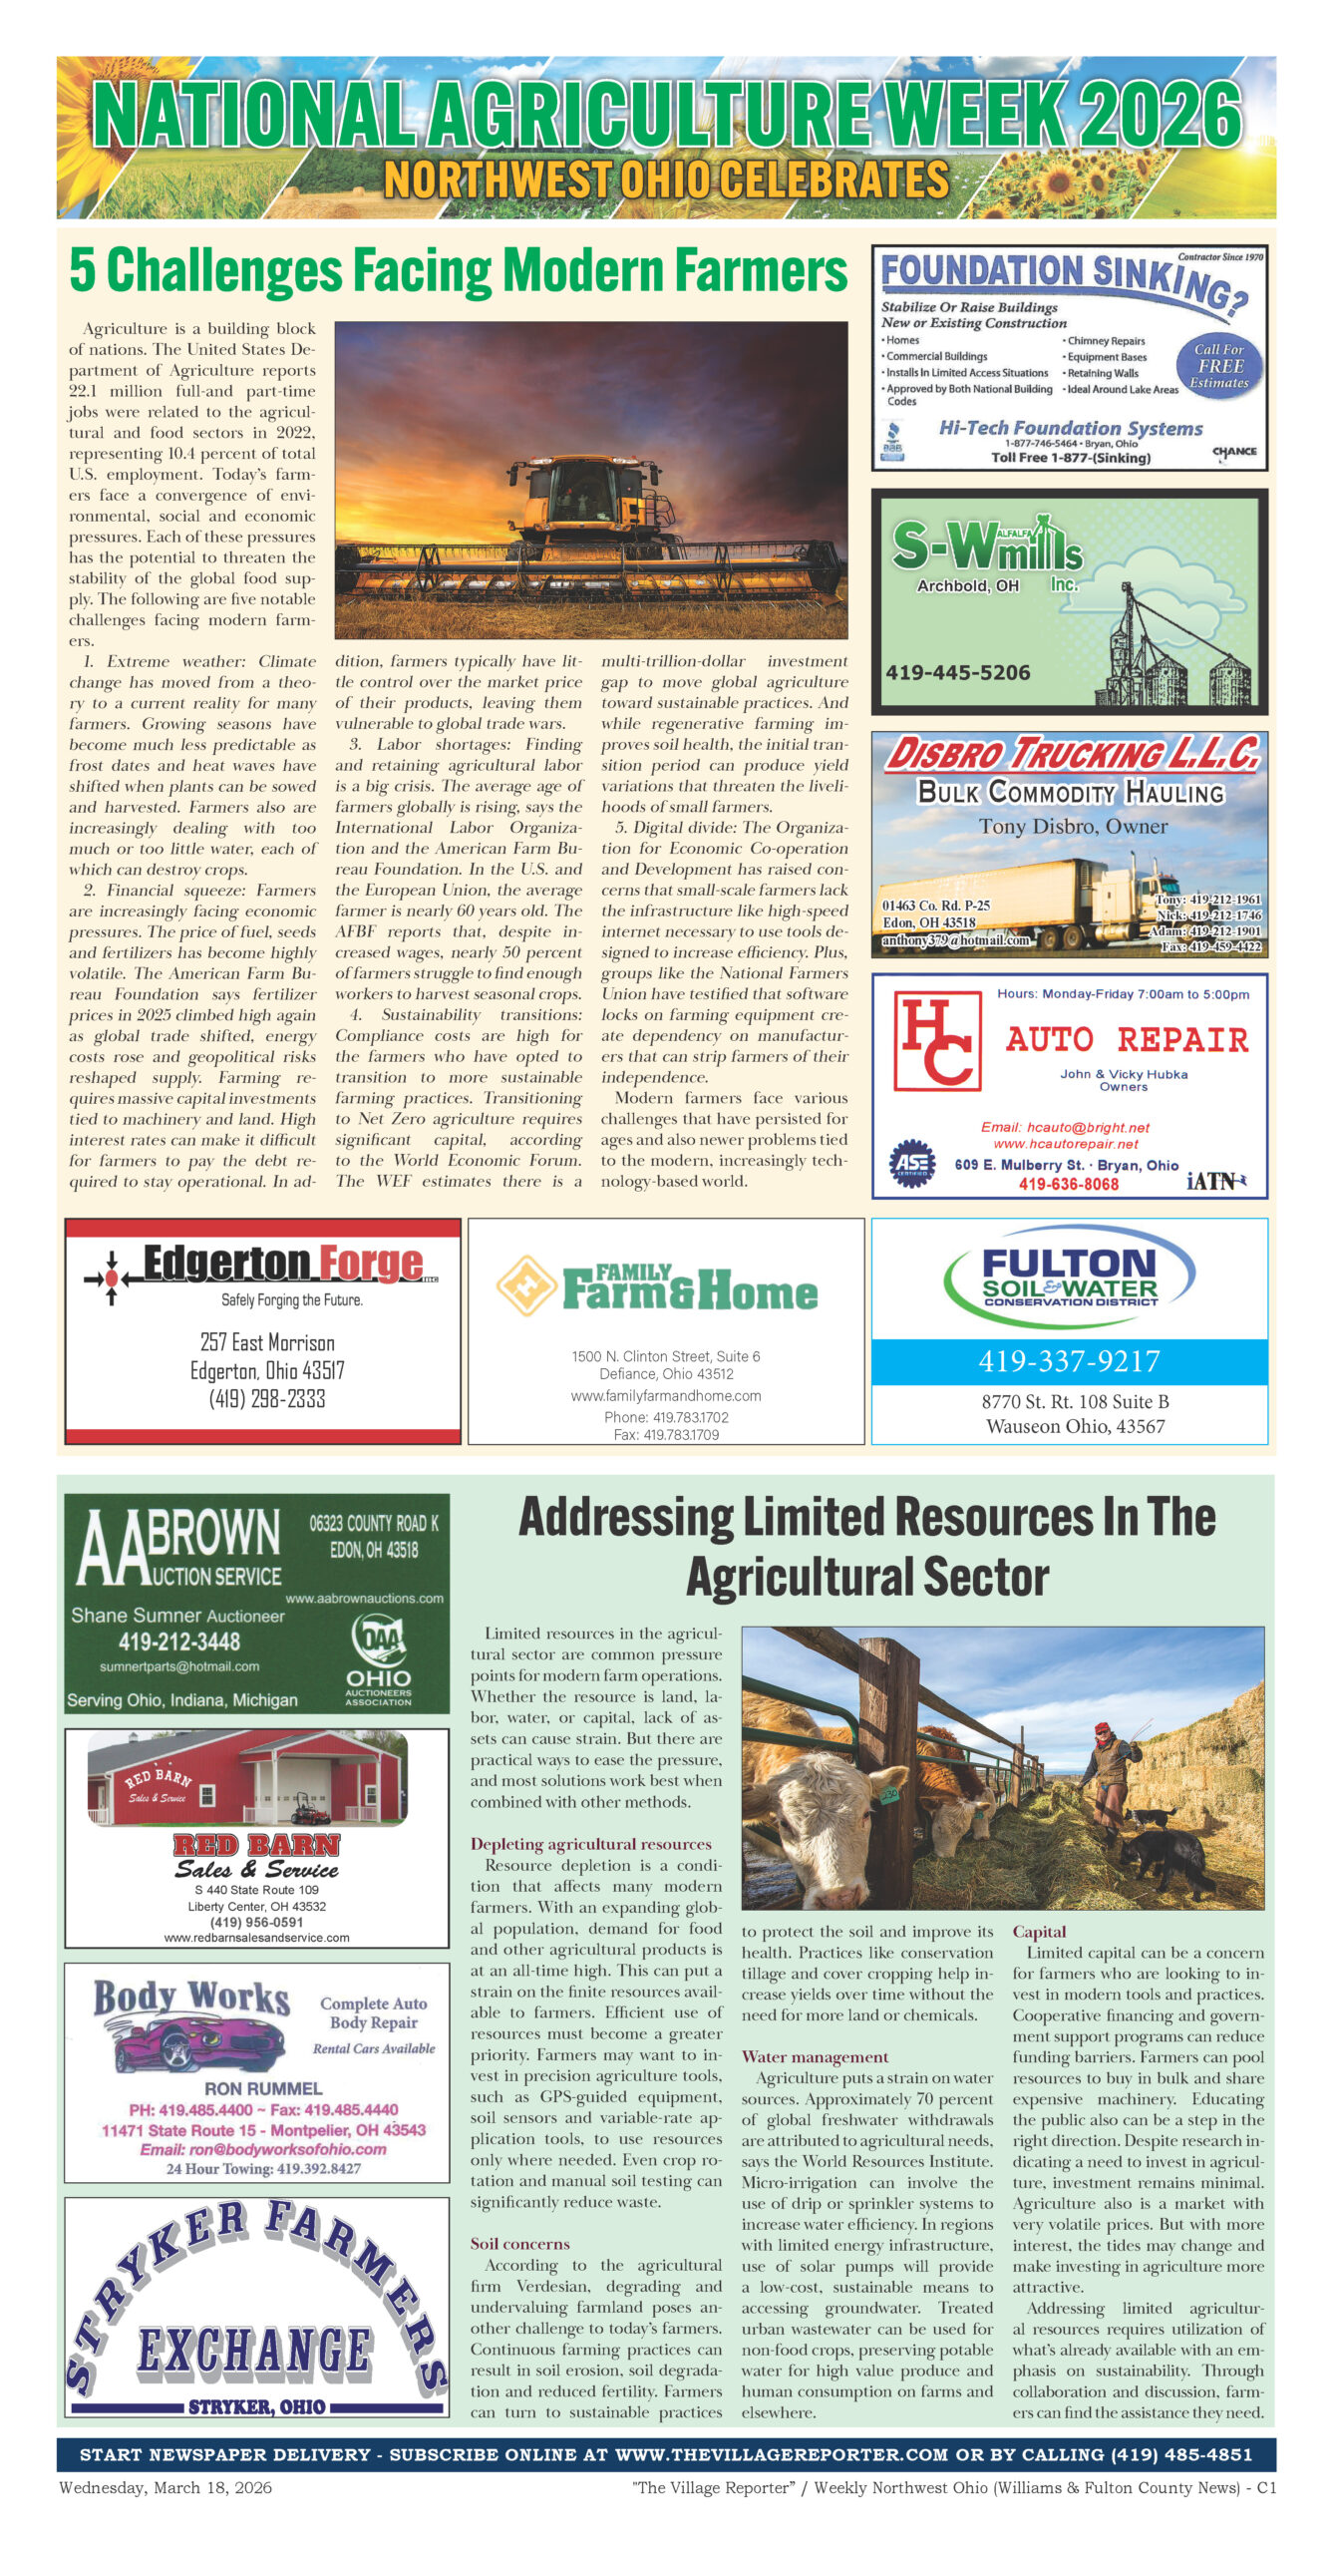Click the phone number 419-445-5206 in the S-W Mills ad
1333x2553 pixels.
957,672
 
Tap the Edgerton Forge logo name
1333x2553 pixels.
283,1264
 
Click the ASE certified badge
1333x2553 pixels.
911,1164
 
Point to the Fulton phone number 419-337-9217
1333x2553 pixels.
1069,1361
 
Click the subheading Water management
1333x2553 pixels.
815,2056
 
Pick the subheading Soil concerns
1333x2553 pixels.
519,2243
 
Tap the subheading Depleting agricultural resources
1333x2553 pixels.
590,1844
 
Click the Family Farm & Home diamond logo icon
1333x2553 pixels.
525,1285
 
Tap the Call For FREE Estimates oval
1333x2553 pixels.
1220,366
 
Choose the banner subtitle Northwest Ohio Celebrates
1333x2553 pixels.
666,181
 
